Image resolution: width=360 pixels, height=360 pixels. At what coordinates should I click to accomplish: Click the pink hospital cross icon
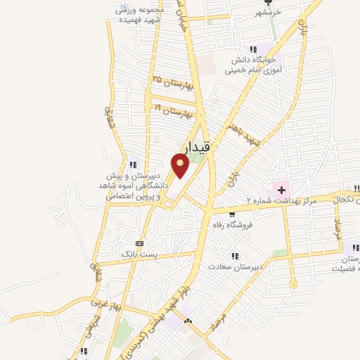tap(281, 189)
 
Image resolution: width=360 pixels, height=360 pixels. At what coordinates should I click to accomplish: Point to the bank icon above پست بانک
tap(139, 243)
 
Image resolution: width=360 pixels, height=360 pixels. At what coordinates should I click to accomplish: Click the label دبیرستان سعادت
tap(235, 266)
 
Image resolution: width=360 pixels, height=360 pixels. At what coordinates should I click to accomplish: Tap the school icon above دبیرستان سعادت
tap(235, 257)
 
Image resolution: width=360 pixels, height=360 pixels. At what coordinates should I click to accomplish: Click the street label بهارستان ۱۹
tap(172, 110)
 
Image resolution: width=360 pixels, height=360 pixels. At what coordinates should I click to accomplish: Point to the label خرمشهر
tap(269, 13)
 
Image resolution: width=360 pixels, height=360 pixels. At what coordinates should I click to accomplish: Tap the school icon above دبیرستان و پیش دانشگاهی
tap(134, 165)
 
